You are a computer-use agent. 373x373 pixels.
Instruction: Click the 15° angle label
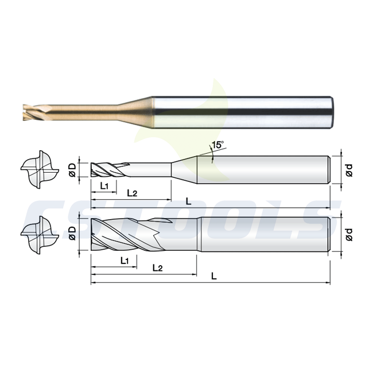[x=218, y=145]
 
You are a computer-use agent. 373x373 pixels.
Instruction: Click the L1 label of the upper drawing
[x=104, y=186]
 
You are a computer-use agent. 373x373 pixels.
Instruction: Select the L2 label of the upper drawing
[x=132, y=193]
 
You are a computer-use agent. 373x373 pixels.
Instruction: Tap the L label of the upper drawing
[x=188, y=201]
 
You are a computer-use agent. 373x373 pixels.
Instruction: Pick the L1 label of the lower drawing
[x=125, y=261]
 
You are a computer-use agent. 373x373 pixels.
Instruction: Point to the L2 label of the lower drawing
[x=157, y=268]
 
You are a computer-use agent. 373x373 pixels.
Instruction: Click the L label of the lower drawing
[x=214, y=276]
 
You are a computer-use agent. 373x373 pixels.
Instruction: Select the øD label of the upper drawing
[x=72, y=170]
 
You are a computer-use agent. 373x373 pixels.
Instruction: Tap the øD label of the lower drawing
[x=72, y=233]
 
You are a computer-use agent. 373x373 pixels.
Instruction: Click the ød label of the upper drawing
[x=349, y=170]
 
